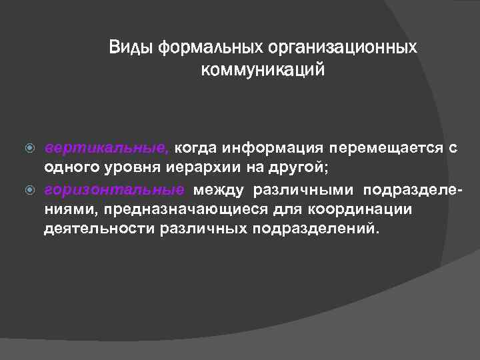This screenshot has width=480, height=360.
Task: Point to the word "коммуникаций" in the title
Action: pyautogui.click(x=263, y=69)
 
